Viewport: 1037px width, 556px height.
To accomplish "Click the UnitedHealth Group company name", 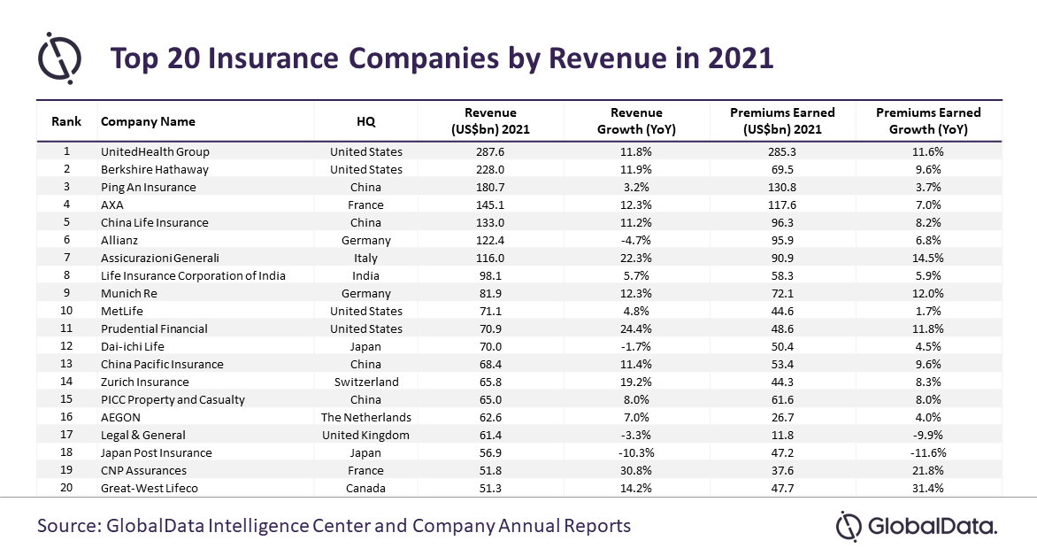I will (155, 151).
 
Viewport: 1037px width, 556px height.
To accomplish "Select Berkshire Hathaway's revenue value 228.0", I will (490, 169).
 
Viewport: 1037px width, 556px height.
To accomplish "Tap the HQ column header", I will (365, 121).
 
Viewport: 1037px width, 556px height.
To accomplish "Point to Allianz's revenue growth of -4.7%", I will (636, 240).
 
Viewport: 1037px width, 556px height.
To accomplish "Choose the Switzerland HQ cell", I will (365, 382).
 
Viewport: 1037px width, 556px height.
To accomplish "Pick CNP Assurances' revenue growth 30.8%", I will (636, 470).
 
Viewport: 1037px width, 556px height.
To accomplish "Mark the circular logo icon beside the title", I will (59, 58).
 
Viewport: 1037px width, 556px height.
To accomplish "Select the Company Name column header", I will (148, 121).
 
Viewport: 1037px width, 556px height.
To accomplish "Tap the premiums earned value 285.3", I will (782, 151).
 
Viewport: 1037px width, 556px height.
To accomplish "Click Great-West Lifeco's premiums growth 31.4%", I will (928, 488).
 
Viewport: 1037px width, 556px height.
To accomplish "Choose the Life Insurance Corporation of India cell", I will (193, 275).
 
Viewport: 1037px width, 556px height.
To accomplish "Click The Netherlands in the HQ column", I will (365, 417).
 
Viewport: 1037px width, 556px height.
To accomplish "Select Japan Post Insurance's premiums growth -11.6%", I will (928, 452).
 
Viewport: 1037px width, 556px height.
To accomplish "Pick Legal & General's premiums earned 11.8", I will (782, 435).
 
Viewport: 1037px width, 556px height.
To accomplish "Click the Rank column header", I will (65, 121).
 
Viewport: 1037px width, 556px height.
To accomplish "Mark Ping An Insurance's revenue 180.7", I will (490, 187).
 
